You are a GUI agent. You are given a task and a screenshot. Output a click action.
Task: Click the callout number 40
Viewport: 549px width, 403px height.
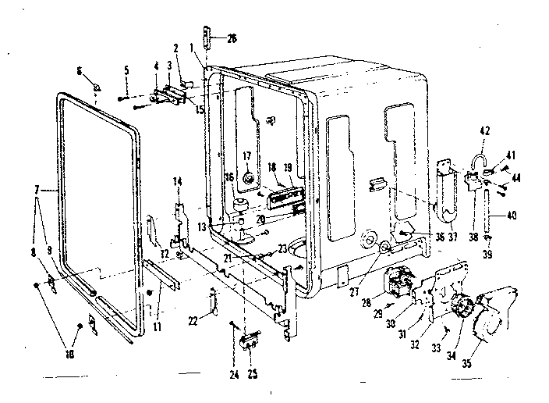(x=512, y=215)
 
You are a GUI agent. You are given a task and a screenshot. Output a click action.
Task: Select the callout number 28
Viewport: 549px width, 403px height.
(x=367, y=301)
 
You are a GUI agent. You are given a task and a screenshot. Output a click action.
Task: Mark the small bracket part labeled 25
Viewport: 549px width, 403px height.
(x=250, y=337)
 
